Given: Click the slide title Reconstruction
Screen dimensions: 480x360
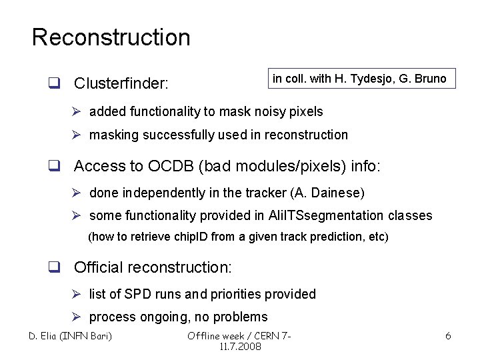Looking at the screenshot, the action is click(x=111, y=37).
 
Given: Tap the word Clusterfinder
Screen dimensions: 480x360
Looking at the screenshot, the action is click(x=121, y=84).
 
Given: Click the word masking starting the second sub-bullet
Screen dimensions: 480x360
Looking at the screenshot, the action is click(x=113, y=135).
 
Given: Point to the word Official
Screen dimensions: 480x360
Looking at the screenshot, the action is click(x=99, y=267).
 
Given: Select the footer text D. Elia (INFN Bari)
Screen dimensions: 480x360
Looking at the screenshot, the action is click(x=70, y=335).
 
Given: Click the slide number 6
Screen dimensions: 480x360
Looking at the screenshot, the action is click(x=448, y=336).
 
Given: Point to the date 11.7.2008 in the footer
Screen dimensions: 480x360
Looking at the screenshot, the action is click(x=240, y=347).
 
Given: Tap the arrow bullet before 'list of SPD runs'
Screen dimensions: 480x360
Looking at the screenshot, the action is click(x=76, y=294).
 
